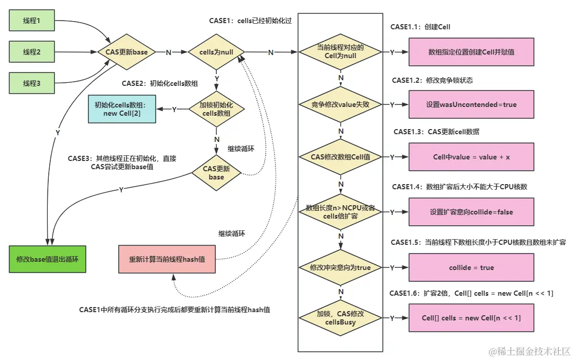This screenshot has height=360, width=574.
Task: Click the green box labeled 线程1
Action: coord(32,21)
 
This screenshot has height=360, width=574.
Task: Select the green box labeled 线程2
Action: coord(32,52)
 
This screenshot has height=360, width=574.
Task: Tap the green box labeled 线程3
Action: coord(32,83)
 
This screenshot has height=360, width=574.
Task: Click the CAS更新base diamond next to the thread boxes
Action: coord(126,52)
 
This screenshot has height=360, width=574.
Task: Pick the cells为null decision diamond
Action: coord(216,52)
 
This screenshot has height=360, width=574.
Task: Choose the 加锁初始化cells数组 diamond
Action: coord(216,109)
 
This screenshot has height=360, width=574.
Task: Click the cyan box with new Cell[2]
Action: coord(121,109)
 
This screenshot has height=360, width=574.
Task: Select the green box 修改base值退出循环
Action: coord(47,259)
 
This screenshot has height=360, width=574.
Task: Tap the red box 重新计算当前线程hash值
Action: coord(167,259)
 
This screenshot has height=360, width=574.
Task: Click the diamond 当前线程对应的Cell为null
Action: coord(341,52)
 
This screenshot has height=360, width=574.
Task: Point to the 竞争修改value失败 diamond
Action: coord(341,104)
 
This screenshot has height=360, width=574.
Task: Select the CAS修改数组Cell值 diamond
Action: coord(341,157)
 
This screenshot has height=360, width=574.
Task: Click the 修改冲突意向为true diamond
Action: coord(341,267)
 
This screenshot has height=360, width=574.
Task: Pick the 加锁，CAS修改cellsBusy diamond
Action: coord(341,318)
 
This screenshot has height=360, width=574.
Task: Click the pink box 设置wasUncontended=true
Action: coord(471,104)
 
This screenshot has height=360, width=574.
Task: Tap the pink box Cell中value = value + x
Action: coord(471,157)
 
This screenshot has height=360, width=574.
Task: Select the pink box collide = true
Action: coord(471,267)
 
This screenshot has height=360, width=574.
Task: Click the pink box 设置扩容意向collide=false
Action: coord(471,212)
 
